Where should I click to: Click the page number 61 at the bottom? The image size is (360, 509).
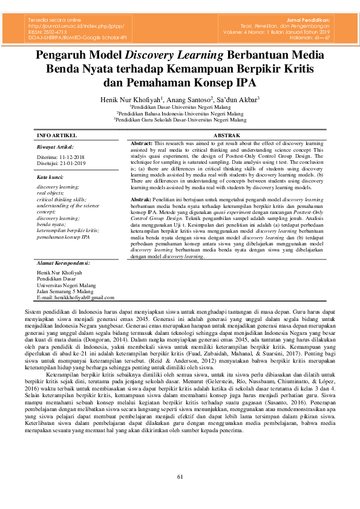coord(180,478)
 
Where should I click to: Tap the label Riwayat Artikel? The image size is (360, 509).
coord(55,147)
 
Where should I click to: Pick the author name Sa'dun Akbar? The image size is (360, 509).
coord(239,99)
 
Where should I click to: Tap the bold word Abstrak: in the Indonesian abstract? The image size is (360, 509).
coord(141,199)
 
